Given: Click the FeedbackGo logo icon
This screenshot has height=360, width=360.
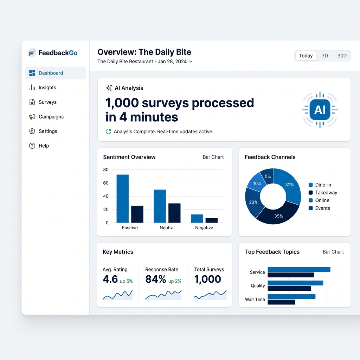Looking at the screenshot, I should [32, 53].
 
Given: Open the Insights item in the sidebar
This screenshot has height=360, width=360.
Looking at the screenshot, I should [47, 88].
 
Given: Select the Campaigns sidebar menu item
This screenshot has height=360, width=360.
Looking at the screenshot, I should [51, 117].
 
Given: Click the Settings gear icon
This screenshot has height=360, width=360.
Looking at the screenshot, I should [32, 131].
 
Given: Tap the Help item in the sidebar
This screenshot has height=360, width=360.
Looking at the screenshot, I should [44, 146].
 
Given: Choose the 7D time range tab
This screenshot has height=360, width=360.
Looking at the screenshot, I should [325, 56].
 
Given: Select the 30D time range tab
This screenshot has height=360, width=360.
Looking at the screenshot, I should [342, 56].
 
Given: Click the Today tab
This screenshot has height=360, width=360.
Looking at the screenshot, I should [306, 56].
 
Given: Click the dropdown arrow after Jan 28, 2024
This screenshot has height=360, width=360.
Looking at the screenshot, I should [191, 62].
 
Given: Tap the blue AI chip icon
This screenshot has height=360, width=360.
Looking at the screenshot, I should [320, 110].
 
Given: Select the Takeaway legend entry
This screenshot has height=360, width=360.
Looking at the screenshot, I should [326, 193].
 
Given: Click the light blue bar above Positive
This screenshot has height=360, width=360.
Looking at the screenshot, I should [122, 199].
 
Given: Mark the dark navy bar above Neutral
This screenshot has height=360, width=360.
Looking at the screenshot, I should [174, 213].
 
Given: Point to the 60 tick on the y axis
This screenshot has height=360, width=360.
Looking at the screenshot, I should [106, 183].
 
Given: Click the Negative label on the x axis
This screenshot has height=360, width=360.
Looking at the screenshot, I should [204, 228].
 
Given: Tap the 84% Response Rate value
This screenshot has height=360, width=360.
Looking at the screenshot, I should [156, 279].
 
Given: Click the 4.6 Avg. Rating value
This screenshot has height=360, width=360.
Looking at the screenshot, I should [110, 279].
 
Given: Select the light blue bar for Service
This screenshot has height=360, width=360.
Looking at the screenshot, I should [299, 269].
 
